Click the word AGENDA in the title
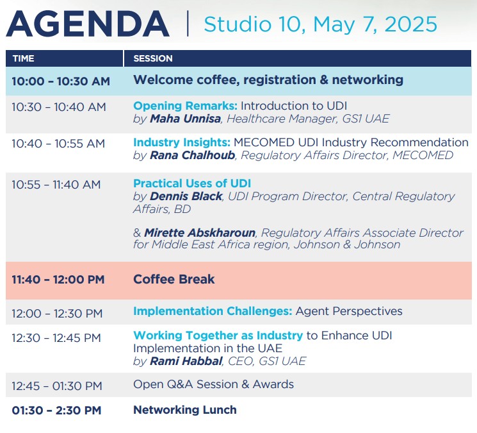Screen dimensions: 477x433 88,24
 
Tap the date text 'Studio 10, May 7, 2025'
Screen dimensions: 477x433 320,24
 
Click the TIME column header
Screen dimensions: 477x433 24,58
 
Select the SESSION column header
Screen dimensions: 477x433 153,58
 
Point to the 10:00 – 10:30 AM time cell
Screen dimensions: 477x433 61,81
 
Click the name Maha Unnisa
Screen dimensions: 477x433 185,119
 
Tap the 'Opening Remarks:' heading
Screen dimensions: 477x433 185,106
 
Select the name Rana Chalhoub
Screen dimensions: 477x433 193,155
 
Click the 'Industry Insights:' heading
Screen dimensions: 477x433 182,142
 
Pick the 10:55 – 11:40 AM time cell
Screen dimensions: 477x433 56,185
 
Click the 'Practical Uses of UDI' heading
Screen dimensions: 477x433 192,183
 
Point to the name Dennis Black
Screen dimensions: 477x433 186,196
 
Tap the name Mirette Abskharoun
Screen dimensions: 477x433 200,233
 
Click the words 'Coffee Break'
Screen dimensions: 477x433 174,279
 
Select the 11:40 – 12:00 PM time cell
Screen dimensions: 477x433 58,280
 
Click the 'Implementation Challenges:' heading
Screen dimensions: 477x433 213,311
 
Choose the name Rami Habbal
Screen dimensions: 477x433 186,361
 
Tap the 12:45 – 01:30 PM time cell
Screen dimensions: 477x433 57,386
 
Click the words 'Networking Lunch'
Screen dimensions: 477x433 185,410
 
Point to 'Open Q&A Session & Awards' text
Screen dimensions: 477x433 214,384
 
